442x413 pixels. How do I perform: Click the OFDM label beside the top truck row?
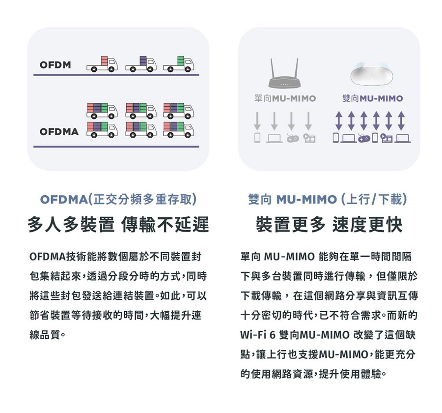click(x=55, y=65)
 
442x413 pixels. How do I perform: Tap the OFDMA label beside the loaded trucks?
click(x=59, y=132)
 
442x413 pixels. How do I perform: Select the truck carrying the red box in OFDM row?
click(x=102, y=64)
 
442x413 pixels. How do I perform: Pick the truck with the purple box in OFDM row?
click(x=140, y=64)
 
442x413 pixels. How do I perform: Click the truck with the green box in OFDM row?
click(x=178, y=64)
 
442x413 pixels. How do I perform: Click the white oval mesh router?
click(x=373, y=74)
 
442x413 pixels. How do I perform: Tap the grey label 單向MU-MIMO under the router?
click(x=285, y=98)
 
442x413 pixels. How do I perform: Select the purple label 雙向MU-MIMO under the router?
click(x=373, y=98)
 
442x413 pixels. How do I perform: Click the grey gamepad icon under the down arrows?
click(x=292, y=138)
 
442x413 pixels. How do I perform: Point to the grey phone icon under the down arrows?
click(x=257, y=138)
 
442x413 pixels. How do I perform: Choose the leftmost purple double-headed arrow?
click(x=338, y=120)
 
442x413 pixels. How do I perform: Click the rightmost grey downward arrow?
click(x=308, y=121)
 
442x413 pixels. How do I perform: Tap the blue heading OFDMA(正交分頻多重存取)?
click(x=118, y=199)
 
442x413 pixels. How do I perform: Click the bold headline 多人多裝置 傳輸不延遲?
click(x=118, y=225)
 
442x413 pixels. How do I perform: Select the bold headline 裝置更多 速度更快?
click(x=329, y=225)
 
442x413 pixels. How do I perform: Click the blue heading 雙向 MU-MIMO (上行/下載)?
click(x=328, y=199)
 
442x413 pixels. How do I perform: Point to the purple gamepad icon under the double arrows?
click(x=364, y=138)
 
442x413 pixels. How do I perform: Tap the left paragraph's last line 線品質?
click(x=47, y=335)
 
